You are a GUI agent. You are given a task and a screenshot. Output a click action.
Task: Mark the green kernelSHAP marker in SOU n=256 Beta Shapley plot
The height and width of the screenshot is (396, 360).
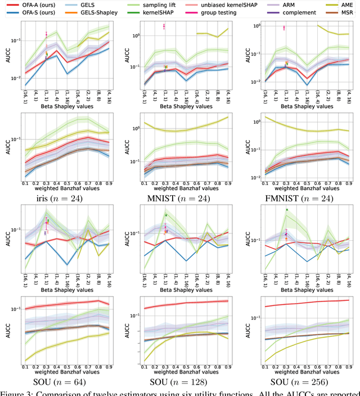coord(286,210)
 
